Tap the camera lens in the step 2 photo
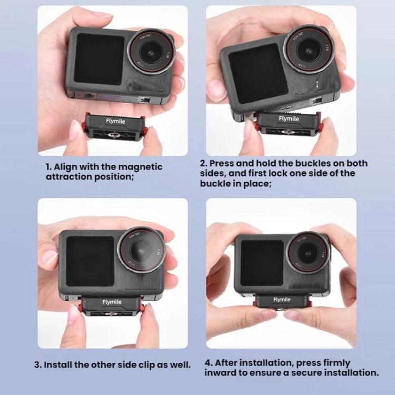308,49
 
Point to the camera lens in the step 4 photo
308,253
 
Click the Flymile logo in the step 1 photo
115,121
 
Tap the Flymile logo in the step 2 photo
289,118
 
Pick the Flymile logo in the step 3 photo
112,302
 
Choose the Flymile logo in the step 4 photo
282,300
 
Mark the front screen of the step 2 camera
259,74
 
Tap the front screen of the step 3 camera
90,261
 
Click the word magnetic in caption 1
140,167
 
